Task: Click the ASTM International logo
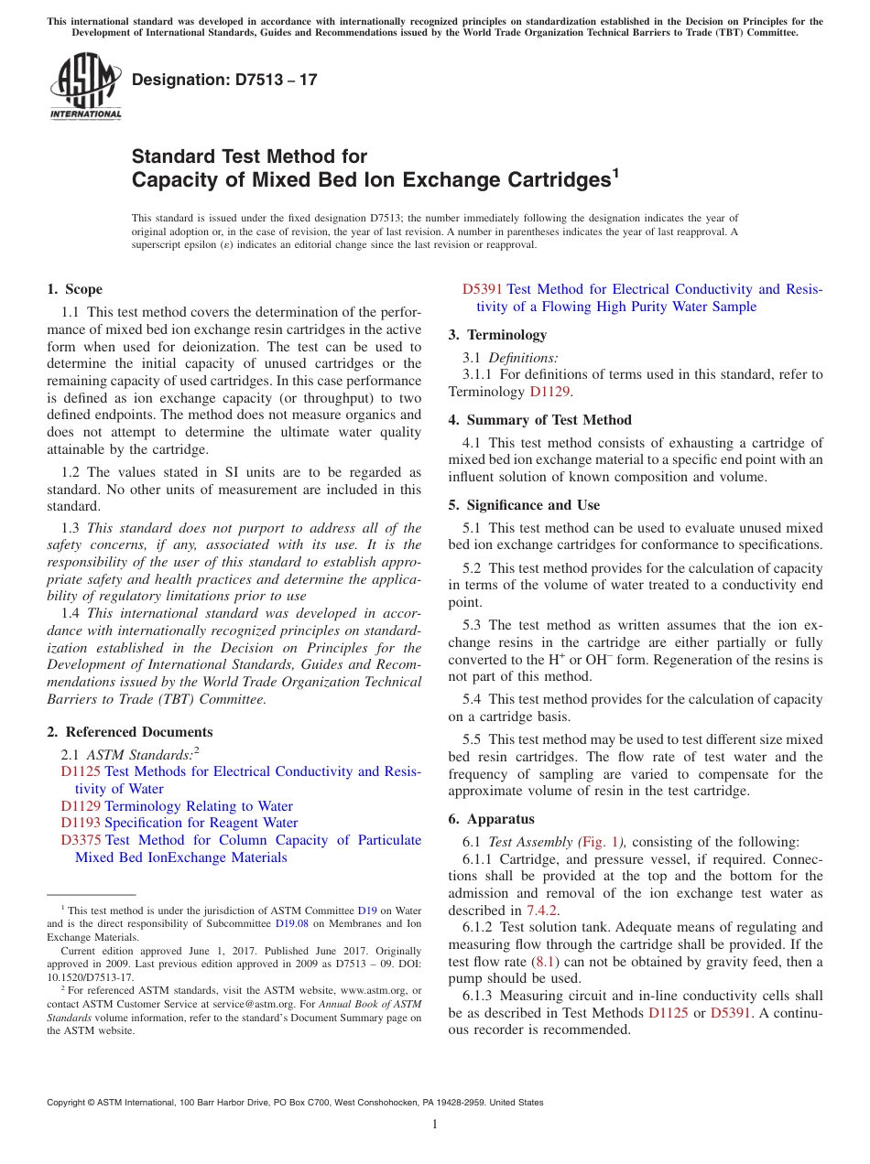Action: (84, 87)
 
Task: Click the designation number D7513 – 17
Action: (224, 80)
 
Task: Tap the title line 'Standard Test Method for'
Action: (249, 156)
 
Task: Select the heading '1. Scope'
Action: (74, 289)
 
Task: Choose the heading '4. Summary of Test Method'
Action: (539, 420)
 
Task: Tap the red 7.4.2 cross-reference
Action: (542, 911)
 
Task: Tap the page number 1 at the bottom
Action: (434, 1125)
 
